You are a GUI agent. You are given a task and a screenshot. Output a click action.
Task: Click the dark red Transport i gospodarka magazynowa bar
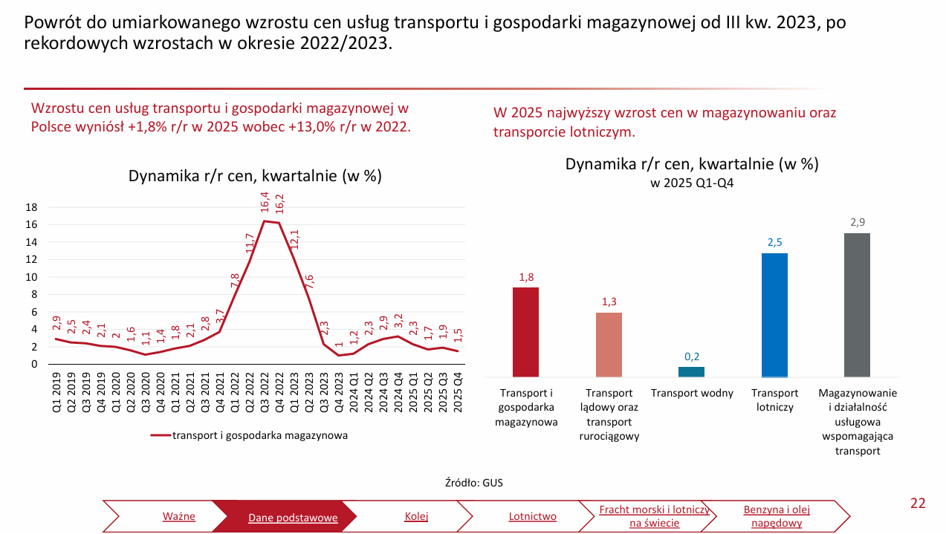(x=525, y=332)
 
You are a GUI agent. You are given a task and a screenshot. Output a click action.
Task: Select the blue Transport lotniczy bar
(x=774, y=315)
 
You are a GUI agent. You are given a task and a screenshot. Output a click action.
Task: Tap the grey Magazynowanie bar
(x=857, y=305)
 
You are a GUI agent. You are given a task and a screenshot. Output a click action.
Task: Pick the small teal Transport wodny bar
(x=691, y=371)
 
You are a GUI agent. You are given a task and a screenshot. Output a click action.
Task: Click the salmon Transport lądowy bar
(x=609, y=345)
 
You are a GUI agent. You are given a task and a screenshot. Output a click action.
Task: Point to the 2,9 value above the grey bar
(x=857, y=222)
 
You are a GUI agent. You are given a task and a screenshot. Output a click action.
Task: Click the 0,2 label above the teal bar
(x=691, y=356)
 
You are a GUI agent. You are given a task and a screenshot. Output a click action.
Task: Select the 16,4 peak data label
(x=265, y=202)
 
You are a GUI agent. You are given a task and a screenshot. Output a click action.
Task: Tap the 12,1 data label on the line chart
(x=294, y=239)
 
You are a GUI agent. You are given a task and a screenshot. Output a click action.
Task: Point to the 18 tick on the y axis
(x=32, y=207)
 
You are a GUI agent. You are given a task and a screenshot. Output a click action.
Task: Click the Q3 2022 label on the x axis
(x=265, y=392)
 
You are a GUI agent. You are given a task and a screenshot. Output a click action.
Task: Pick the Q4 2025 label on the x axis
(x=458, y=392)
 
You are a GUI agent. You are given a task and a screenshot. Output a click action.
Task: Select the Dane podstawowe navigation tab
(x=293, y=517)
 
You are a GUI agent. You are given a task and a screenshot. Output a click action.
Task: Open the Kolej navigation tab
(x=416, y=516)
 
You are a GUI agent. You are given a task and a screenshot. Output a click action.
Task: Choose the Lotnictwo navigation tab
(x=532, y=516)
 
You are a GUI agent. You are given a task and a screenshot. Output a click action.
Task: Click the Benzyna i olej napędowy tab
(x=776, y=516)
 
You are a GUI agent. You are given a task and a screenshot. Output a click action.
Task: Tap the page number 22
(x=918, y=504)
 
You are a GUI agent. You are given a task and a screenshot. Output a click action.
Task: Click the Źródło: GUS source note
(x=473, y=483)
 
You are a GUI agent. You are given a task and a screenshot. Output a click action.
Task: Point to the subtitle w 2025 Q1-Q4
(x=692, y=183)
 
